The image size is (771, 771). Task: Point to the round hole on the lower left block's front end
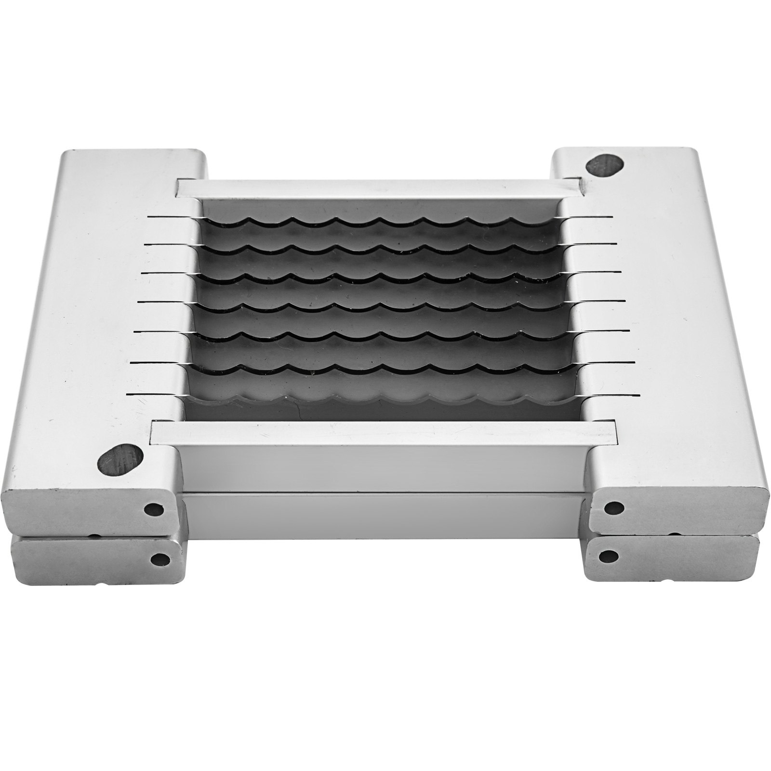tap(160, 559)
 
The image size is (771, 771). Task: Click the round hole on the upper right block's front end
tap(613, 507)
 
